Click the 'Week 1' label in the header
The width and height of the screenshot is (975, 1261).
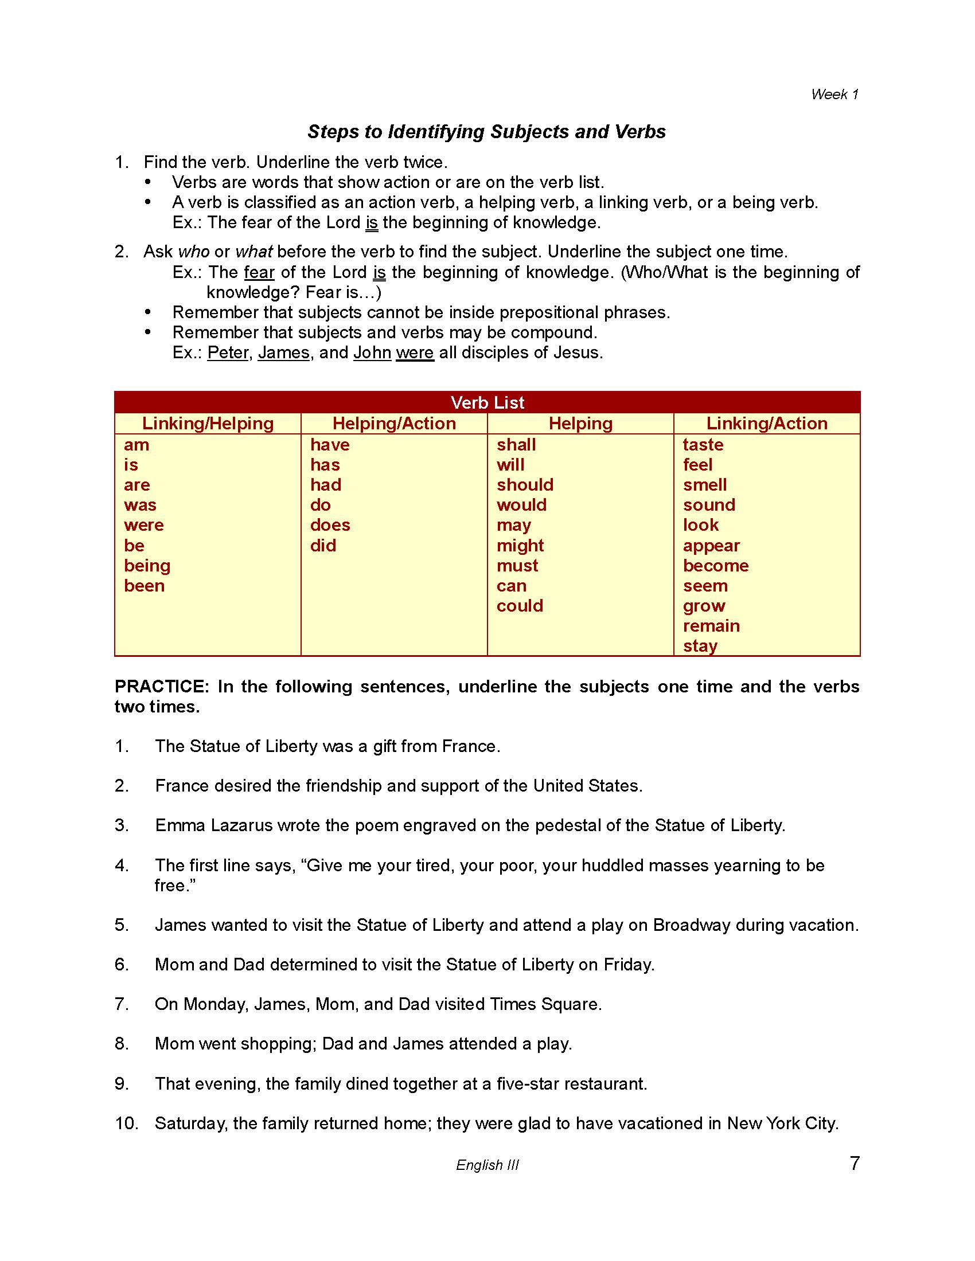coord(834,94)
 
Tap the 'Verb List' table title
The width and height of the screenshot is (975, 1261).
coord(487,402)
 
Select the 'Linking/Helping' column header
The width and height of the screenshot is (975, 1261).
coord(208,423)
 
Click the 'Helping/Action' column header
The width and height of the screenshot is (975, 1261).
coord(394,423)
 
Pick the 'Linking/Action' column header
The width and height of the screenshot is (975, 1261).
coord(766,423)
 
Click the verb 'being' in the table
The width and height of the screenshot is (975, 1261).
coord(147,566)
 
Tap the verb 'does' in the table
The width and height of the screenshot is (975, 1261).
coord(330,526)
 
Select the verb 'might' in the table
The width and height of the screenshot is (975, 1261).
coord(520,546)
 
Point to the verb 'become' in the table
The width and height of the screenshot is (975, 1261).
coord(716,566)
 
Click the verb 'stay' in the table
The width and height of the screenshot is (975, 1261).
coord(700,646)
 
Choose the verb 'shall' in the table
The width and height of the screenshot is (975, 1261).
coord(516,445)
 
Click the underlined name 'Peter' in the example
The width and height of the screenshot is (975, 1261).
coord(228,352)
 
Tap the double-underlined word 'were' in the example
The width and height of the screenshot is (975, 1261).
coord(414,352)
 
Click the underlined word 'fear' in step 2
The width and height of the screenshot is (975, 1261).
coord(259,272)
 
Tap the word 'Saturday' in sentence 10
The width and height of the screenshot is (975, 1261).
coord(190,1123)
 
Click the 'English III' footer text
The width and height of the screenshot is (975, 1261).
coord(487,1165)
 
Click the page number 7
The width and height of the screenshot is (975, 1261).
coord(855,1162)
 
